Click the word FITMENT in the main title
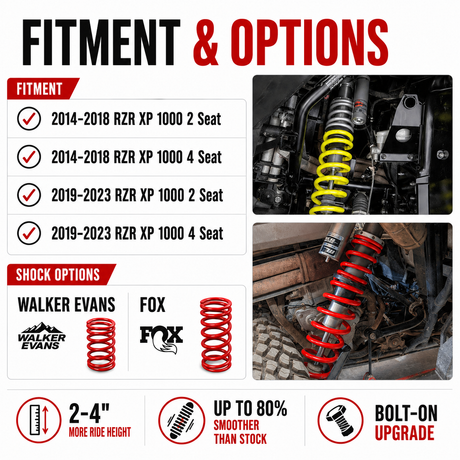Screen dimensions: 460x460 tap(101, 42)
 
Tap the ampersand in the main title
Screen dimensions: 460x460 tap(207, 42)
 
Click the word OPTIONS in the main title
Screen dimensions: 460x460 tap(309, 42)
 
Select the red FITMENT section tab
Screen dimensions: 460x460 tap(43, 89)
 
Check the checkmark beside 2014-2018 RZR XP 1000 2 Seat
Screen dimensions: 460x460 tap(29, 119)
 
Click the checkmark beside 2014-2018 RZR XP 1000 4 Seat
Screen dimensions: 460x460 tap(29, 157)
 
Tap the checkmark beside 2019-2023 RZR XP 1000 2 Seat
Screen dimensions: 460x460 tap(29, 195)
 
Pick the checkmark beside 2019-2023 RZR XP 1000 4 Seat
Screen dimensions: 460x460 tap(29, 233)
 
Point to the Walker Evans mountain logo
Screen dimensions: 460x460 tap(42, 336)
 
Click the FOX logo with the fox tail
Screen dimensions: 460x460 tap(162, 339)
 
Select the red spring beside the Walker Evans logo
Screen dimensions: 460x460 tap(101, 344)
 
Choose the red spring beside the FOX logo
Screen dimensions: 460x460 tap(216, 334)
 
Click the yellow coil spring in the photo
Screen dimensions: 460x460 tap(332, 172)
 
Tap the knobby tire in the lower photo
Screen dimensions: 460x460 tap(277, 350)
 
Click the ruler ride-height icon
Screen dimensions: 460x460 tap(39, 420)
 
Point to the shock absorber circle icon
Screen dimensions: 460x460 tap(181, 420)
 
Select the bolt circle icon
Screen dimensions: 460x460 tap(340, 420)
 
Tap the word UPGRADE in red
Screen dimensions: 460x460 tap(405, 433)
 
